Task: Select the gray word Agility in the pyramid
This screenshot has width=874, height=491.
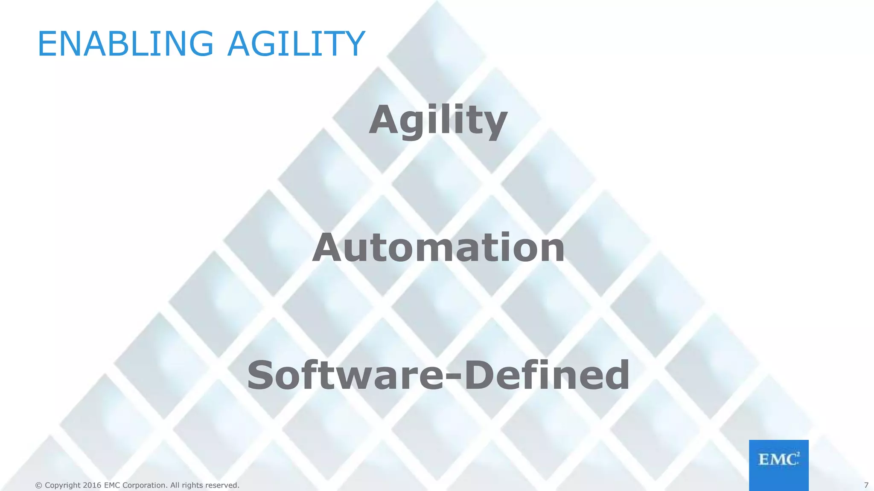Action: click(x=438, y=121)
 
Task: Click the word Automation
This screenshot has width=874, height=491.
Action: click(x=438, y=248)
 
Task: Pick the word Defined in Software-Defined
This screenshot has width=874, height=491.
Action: click(x=547, y=375)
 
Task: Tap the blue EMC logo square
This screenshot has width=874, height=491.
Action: click(x=778, y=465)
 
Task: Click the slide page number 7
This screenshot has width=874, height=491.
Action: click(x=866, y=485)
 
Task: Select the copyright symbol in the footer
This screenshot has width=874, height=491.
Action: click(x=38, y=485)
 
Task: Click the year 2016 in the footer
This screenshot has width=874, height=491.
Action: click(x=92, y=485)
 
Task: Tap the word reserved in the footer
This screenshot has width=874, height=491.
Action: click(x=222, y=485)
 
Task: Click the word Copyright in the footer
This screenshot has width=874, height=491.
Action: click(x=62, y=485)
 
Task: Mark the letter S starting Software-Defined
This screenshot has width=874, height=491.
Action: click(x=261, y=375)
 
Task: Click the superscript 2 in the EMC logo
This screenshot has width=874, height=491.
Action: click(x=798, y=454)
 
